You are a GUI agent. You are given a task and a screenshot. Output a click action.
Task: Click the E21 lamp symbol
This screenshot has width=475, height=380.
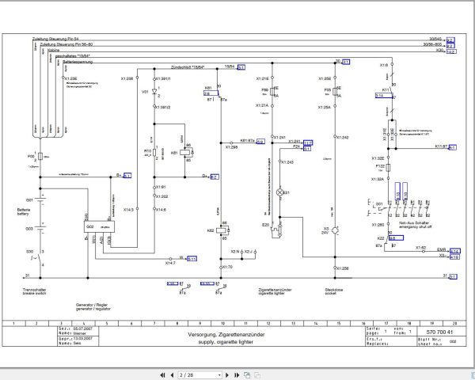[278, 192]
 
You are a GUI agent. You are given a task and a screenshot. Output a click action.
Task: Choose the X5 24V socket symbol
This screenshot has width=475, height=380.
[335, 230]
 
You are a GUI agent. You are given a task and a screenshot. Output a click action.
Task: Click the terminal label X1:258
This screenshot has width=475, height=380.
[341, 269]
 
